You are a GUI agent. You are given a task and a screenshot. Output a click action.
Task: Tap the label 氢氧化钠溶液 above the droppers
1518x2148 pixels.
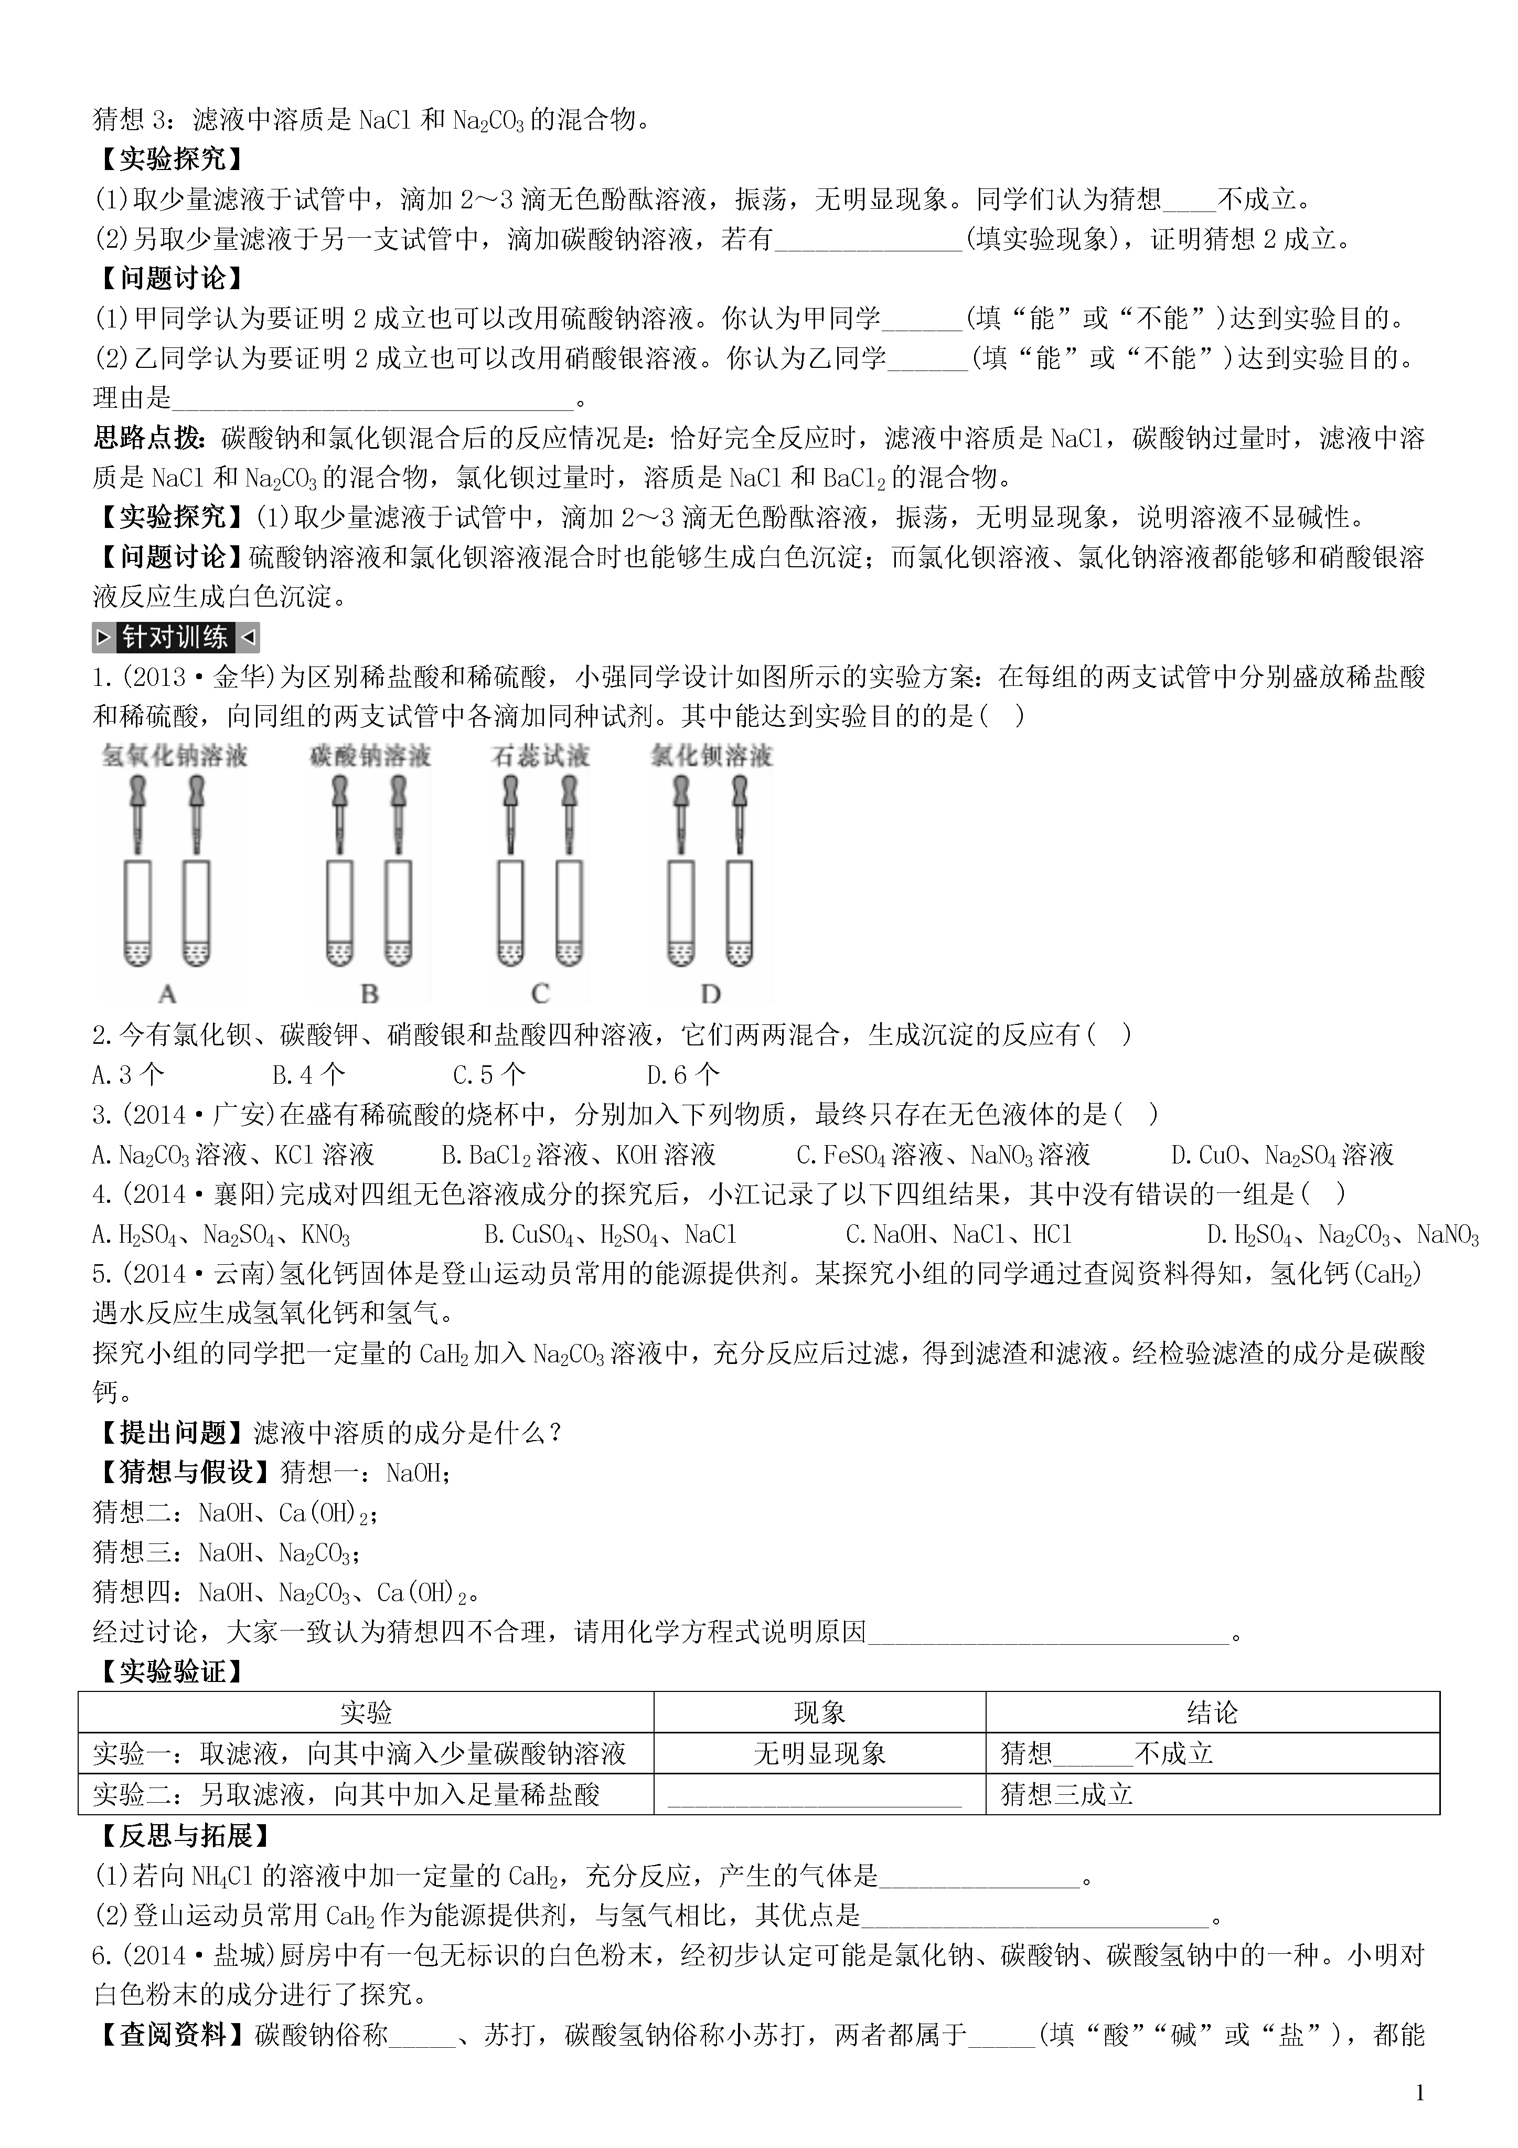(x=175, y=756)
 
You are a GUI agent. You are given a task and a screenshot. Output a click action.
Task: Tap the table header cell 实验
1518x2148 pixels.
(x=366, y=1713)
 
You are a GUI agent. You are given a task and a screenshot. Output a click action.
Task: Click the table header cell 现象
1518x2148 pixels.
(x=819, y=1713)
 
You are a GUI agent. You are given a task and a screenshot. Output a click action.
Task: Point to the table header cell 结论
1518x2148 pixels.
(x=1212, y=1713)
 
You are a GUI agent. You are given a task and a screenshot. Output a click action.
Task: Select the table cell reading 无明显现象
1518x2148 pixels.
(x=819, y=1753)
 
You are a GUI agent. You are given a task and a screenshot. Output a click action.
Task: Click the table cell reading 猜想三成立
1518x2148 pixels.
(x=1067, y=1794)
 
